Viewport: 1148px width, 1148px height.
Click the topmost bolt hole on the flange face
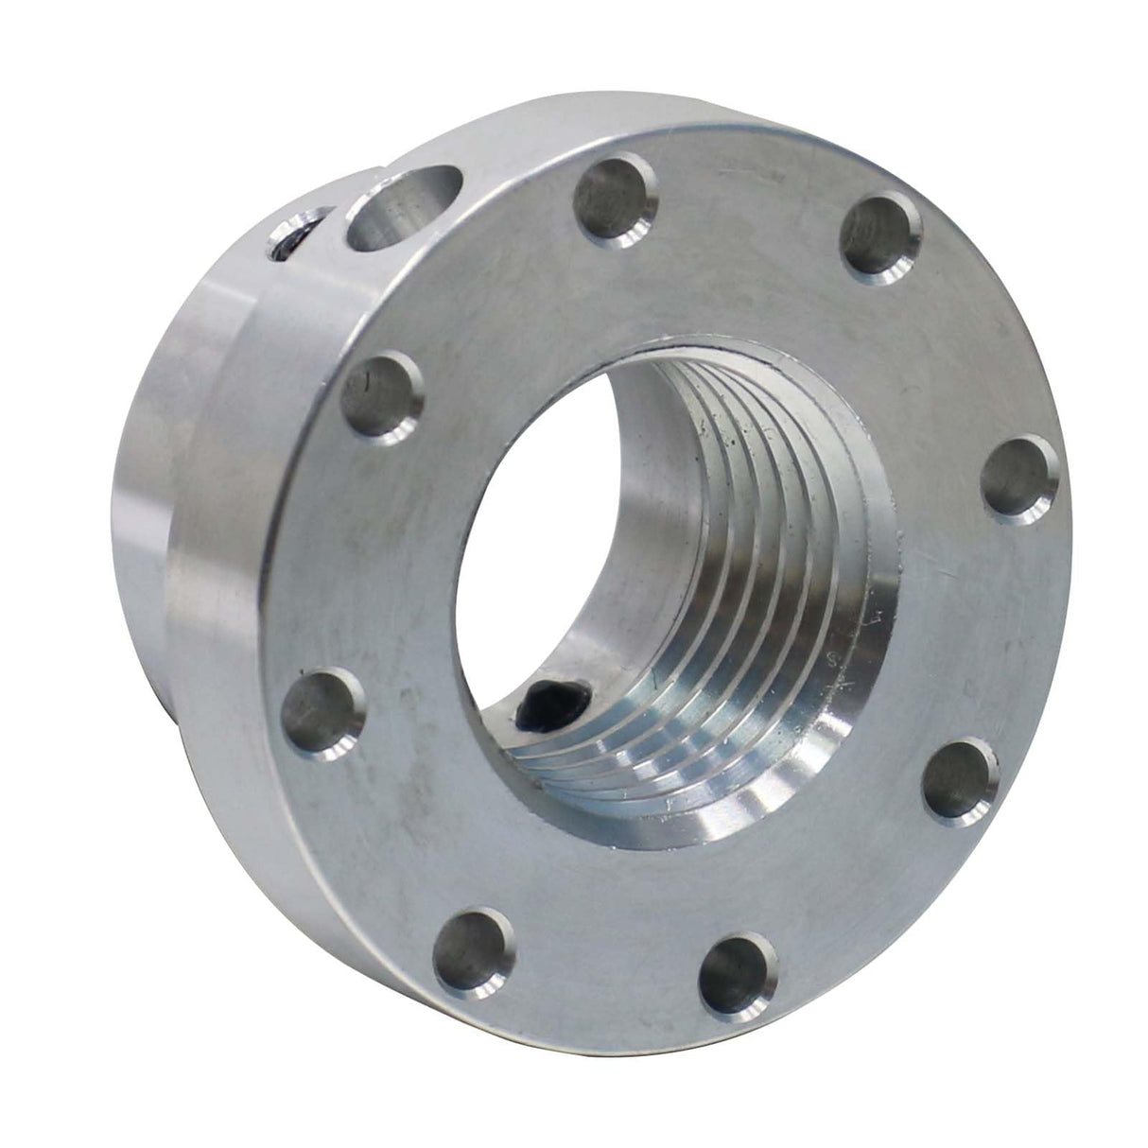coord(617,201)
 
